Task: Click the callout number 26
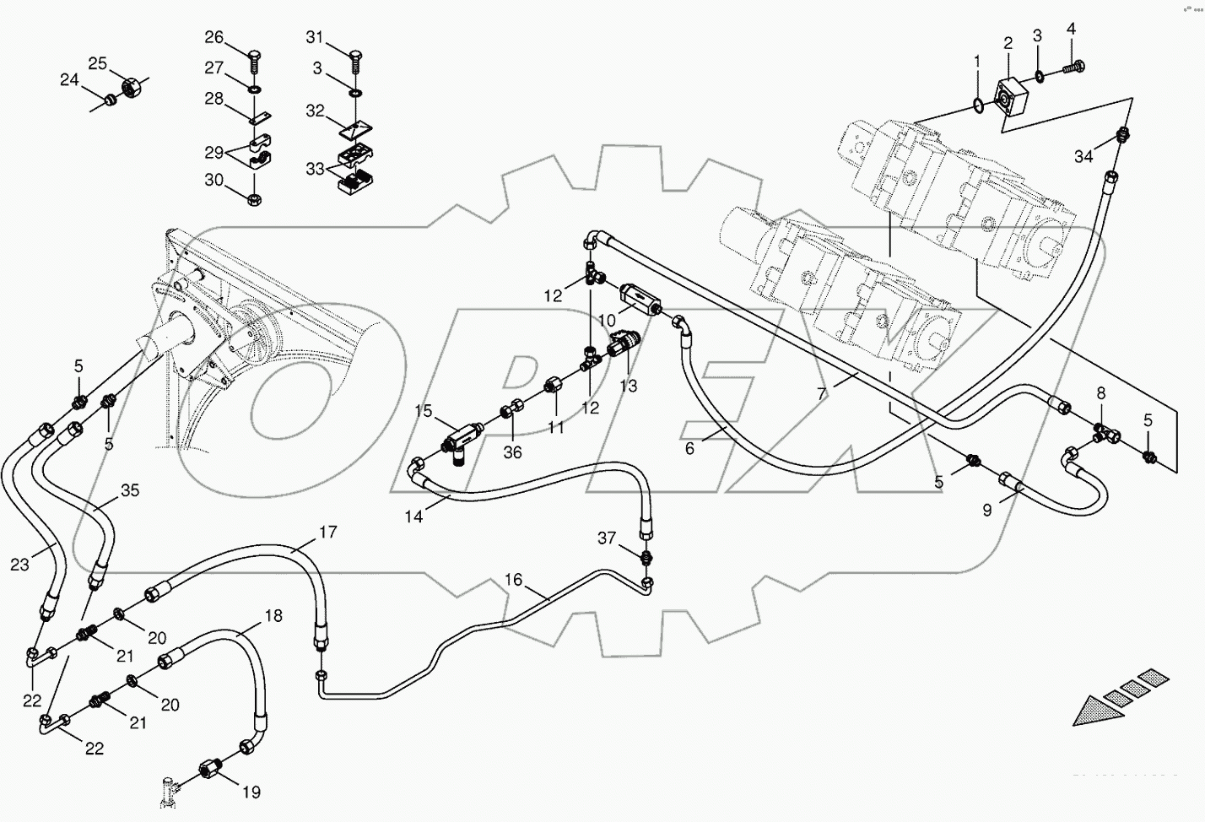coord(214,37)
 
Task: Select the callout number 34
coord(1084,155)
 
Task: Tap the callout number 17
coord(327,532)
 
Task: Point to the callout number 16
coord(514,580)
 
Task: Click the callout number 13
coord(628,386)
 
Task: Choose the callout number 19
coord(251,792)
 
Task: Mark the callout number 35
coord(129,490)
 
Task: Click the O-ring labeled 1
coord(976,105)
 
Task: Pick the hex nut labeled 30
coord(254,199)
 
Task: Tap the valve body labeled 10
coord(640,300)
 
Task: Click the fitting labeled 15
coord(458,438)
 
